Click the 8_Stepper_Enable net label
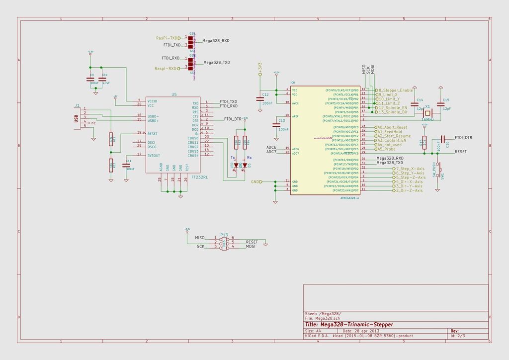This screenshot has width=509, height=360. point(396,90)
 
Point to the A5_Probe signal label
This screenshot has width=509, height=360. point(386,149)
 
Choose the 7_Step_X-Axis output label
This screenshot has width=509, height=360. point(410,169)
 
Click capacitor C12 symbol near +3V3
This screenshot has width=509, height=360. point(259,98)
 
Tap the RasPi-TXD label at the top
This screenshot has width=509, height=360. point(167,38)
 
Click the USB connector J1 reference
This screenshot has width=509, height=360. point(77,105)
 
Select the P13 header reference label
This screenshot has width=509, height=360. point(224,234)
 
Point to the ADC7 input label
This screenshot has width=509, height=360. point(271,152)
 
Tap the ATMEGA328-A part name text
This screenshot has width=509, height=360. point(349,197)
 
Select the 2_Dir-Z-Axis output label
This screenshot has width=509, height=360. point(409,190)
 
